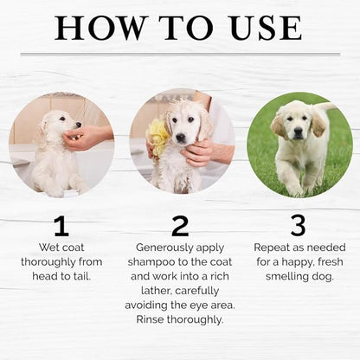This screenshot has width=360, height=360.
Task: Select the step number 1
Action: (x=61, y=226)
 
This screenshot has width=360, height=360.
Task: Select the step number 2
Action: (x=180, y=226)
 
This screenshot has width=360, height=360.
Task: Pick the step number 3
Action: (x=299, y=226)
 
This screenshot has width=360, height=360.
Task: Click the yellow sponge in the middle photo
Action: (x=157, y=135)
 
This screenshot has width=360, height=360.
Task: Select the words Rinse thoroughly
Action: (x=179, y=320)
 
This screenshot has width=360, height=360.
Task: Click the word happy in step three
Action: (x=291, y=261)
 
